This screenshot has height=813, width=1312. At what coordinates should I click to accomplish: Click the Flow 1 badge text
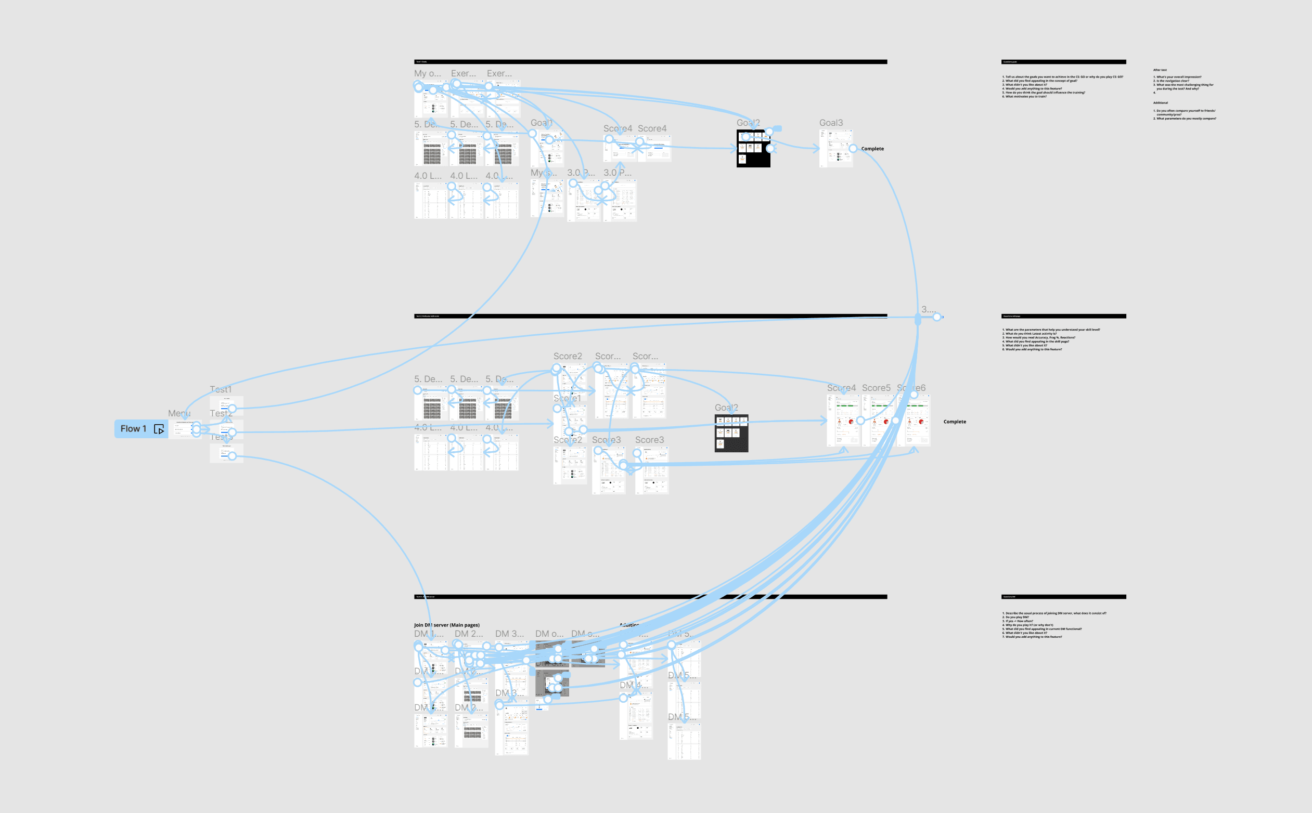133,428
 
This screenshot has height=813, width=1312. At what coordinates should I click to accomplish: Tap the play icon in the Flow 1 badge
159,429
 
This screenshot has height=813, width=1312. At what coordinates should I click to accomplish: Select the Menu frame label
178,413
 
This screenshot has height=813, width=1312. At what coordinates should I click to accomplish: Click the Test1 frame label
221,389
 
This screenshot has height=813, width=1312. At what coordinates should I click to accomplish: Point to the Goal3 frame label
831,123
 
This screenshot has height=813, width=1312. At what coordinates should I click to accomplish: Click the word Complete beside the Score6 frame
954,422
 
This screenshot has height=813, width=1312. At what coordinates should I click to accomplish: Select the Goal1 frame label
542,123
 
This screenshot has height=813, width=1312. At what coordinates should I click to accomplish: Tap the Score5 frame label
876,388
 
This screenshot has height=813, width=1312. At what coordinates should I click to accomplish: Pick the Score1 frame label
567,398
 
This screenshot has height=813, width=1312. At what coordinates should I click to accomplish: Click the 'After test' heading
1160,70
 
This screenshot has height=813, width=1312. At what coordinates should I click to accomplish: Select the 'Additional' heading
1160,103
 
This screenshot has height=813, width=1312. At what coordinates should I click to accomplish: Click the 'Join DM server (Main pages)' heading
446,625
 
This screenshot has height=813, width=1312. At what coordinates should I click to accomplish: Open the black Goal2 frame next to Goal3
753,150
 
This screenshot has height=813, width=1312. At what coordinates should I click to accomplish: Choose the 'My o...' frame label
427,74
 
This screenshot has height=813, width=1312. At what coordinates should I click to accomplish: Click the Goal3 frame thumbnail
836,149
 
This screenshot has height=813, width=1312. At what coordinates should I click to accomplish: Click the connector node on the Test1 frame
232,409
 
